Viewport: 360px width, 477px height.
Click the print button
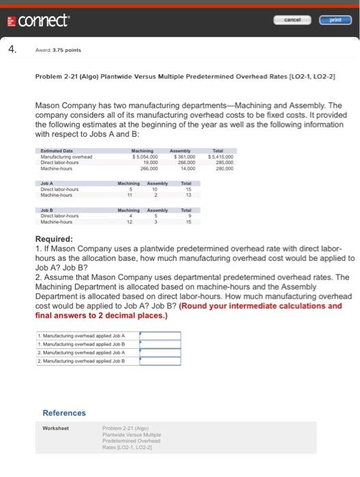(335, 20)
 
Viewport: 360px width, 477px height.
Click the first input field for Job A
(160, 335)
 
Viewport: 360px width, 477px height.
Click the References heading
(64, 413)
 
